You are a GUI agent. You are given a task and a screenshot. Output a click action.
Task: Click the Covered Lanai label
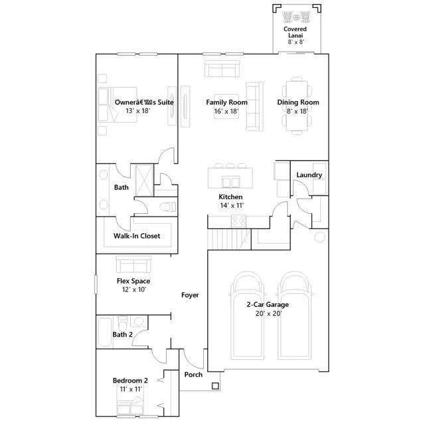coord(295,33)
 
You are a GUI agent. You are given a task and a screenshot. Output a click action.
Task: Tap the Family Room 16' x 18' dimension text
coord(226,111)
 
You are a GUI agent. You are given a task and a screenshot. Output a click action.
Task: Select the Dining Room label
coord(298,102)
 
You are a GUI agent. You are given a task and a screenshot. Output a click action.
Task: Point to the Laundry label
coord(309,175)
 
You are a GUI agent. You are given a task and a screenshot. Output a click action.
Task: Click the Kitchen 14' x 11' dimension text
coord(232,205)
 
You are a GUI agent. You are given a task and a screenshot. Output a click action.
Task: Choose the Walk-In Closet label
coord(137,236)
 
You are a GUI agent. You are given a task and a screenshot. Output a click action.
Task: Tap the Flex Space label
coord(133,281)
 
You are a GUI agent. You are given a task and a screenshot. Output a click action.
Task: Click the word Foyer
coord(190,295)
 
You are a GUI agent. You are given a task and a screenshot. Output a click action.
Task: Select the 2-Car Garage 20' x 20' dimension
coord(268,313)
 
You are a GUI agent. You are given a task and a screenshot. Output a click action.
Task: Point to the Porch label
coord(193,375)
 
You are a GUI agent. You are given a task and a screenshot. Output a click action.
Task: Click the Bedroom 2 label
coord(130,381)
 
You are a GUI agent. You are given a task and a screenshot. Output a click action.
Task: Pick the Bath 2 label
coord(122,335)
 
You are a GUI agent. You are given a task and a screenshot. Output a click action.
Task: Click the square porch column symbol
coord(215,386)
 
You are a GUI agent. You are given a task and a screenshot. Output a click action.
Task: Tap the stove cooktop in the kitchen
coord(238,221)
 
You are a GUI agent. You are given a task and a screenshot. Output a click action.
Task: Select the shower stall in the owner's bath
coord(144,180)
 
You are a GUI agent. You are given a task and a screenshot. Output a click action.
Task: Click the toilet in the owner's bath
coord(168,207)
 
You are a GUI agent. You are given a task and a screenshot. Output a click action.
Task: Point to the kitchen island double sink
coord(231,181)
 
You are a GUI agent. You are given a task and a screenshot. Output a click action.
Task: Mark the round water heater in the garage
coord(319,237)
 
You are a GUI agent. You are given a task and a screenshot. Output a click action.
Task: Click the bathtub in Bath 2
coord(105,332)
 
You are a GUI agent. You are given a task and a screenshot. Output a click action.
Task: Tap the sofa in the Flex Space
coord(133,264)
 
